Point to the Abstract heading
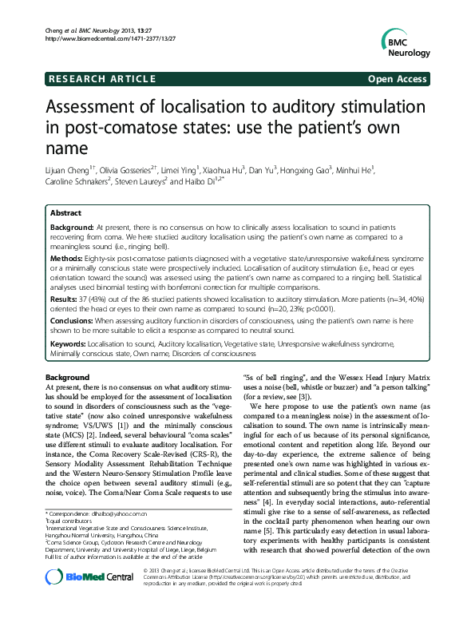click(x=66, y=214)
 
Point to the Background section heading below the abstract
click(x=68, y=376)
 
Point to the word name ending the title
click(x=69, y=149)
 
